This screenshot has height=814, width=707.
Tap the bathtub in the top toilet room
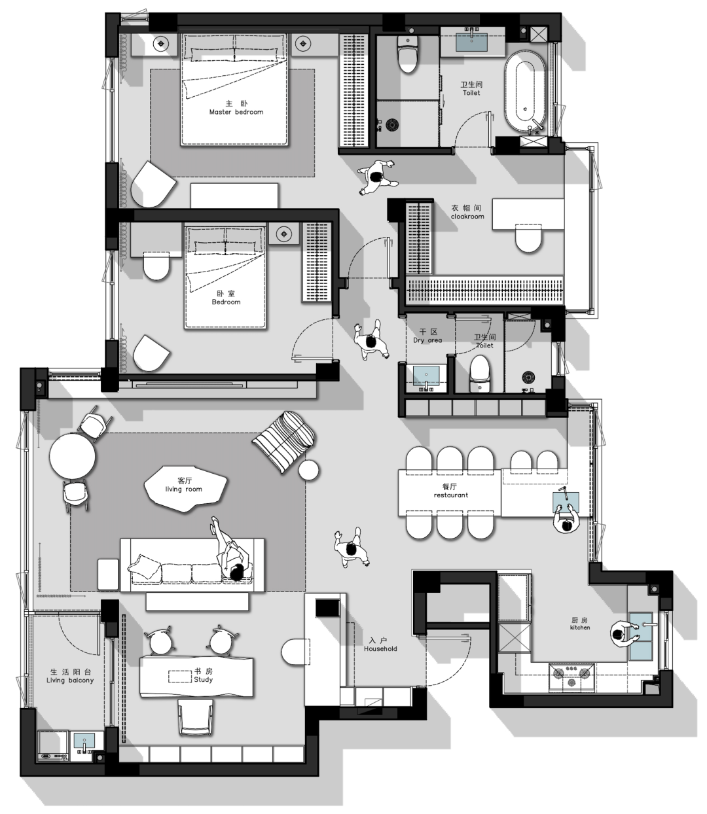tap(525, 92)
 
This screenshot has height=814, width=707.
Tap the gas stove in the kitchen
tap(573, 677)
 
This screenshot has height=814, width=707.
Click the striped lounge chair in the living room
tap(285, 440)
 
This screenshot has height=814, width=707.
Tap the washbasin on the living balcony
tap(84, 745)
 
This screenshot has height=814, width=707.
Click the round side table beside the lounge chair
tap(308, 470)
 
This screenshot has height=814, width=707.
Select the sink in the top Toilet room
tap(471, 41)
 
